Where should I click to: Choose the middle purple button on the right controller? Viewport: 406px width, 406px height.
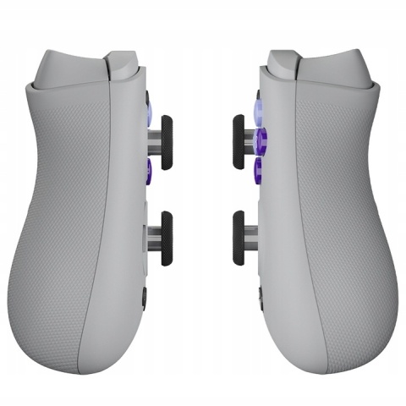point(259,138)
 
